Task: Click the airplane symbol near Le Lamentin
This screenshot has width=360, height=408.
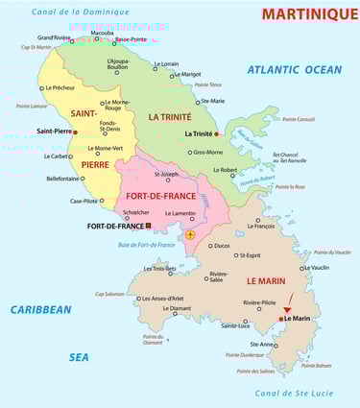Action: (x=190, y=235)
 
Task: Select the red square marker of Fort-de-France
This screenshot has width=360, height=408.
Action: (x=149, y=227)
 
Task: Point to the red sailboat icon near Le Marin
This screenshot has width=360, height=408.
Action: (x=287, y=308)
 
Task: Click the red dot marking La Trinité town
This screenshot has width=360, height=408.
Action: (x=217, y=133)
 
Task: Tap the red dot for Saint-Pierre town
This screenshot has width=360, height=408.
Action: (x=75, y=132)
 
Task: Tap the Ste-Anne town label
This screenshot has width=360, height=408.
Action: (x=262, y=344)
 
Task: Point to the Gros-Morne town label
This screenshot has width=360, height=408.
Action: (x=207, y=152)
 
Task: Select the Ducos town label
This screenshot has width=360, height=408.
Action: (x=221, y=246)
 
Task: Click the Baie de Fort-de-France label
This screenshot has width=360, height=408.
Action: (x=145, y=245)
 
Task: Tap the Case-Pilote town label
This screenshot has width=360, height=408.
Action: (x=86, y=201)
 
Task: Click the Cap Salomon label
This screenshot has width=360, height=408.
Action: (x=109, y=294)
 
